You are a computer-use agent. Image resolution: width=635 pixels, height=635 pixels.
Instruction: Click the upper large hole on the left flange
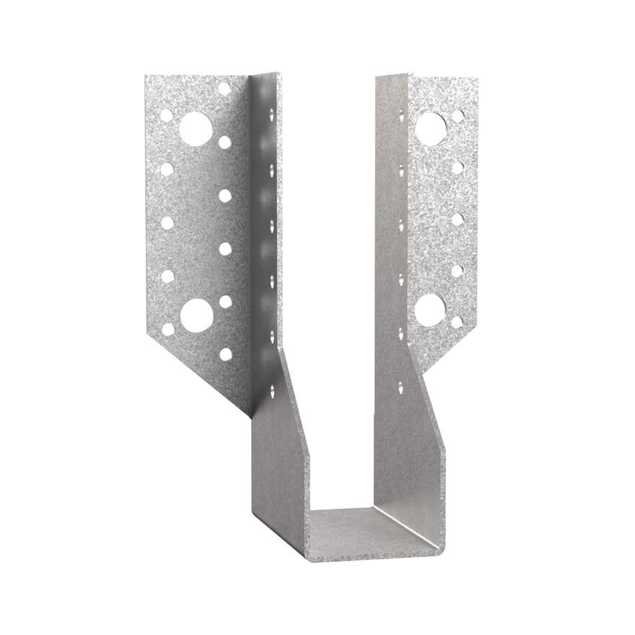(x=196, y=129)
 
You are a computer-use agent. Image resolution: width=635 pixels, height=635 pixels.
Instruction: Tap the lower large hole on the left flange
(x=196, y=315)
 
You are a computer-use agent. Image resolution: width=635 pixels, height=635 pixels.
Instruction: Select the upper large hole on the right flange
(x=431, y=128)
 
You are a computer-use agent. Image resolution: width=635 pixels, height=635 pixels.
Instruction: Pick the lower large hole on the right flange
(x=430, y=310)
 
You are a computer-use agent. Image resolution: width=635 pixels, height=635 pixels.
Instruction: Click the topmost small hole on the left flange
(x=224, y=89)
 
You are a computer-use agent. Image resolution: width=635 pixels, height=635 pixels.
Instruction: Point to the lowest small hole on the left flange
(x=226, y=354)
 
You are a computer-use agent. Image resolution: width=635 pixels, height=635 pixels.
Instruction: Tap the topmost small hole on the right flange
(x=458, y=115)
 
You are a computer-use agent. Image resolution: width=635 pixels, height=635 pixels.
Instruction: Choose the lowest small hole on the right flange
(x=457, y=322)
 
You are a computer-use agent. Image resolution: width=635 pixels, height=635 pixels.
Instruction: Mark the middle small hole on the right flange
(x=457, y=219)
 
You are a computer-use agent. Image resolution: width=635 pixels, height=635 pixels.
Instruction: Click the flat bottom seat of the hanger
(x=368, y=530)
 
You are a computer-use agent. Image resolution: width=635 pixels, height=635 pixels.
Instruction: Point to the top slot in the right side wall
(x=401, y=114)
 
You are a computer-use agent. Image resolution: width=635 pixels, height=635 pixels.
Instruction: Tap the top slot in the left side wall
(x=271, y=114)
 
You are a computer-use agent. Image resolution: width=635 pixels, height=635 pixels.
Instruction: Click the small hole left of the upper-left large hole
(x=167, y=115)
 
